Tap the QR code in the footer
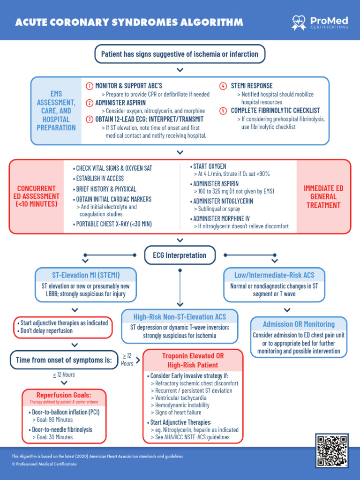point(332,450)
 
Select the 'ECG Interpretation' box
point(180,255)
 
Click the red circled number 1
point(90,86)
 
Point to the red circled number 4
point(223,86)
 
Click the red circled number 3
point(90,119)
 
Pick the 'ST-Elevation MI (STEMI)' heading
point(86,275)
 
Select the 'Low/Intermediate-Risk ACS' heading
point(274,275)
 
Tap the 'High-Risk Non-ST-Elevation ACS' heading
point(180,316)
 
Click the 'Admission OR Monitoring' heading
point(299,324)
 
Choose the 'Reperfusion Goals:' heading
point(64,395)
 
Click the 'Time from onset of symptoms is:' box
point(64,360)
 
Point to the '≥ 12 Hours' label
point(127,359)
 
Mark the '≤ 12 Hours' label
point(64,375)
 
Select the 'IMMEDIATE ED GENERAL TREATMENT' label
point(323,196)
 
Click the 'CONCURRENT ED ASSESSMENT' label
point(37,196)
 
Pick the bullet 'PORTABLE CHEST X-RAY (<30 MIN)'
point(112,224)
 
